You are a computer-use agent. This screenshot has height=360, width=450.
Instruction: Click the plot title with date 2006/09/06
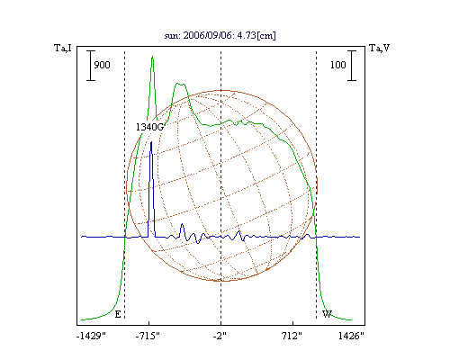tap(220, 35)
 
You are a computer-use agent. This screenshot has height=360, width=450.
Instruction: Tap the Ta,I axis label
tap(63, 48)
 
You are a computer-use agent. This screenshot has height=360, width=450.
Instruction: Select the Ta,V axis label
tap(379, 48)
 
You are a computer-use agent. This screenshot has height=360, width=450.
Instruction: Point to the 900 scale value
tap(102, 65)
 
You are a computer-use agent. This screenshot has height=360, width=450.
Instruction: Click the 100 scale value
tap(338, 65)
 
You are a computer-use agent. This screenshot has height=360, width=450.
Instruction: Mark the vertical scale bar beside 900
tap(91, 66)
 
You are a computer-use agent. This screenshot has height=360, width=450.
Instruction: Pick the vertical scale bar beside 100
tap(352, 66)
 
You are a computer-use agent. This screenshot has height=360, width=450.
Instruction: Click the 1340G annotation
tap(150, 127)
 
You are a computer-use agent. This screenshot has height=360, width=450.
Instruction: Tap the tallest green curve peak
tap(152, 57)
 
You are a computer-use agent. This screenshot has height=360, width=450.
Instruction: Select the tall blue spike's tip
tap(151, 142)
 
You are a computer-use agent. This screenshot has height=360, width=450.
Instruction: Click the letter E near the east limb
tap(118, 314)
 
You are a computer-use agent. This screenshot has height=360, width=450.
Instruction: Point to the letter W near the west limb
tap(327, 314)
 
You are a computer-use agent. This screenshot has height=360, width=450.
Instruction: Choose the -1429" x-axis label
tap(92, 336)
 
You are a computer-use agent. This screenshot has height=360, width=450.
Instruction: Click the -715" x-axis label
tap(148, 336)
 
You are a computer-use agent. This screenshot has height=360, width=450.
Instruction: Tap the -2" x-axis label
tap(220, 336)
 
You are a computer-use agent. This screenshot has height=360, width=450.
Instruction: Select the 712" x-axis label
tap(292, 336)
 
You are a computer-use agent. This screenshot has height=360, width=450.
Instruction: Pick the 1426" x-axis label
tap(351, 336)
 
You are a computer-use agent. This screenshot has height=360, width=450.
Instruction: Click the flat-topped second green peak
tap(180, 85)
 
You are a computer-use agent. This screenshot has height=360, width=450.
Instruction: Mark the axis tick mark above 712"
tap(292, 323)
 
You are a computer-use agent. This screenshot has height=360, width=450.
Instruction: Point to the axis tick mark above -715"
tap(148, 323)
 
